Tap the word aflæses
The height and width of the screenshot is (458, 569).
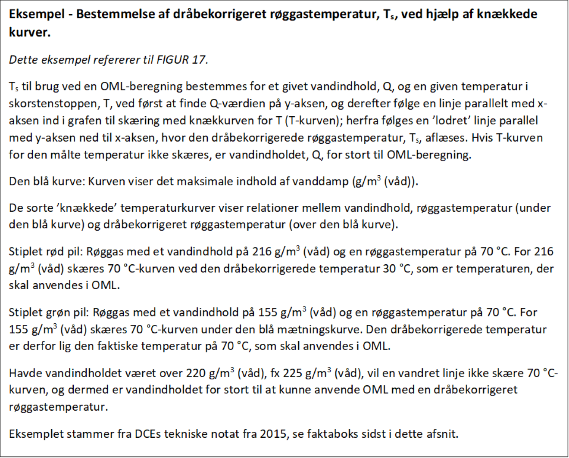tap(446, 138)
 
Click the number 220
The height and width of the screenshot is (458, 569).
tap(197, 373)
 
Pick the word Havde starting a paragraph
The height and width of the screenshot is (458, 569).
tap(23, 373)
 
